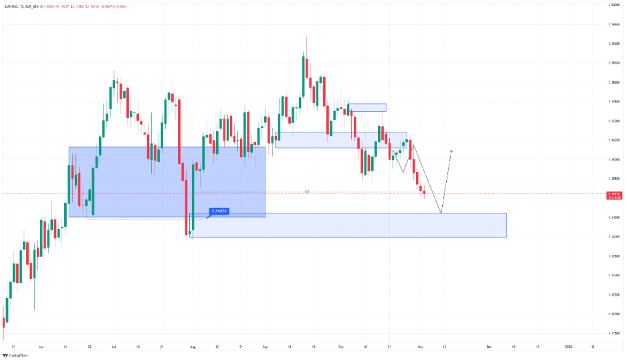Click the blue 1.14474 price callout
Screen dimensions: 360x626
(219, 211)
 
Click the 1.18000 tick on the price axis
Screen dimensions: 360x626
(613, 82)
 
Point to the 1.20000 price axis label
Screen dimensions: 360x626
(613, 5)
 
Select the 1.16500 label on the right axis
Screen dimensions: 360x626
(613, 141)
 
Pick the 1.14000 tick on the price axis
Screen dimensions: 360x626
(613, 237)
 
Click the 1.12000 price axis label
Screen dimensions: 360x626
(613, 314)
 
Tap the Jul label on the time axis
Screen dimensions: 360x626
(113, 347)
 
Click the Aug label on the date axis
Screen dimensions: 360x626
(192, 347)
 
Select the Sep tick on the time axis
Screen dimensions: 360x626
(266, 347)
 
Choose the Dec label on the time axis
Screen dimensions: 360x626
(490, 347)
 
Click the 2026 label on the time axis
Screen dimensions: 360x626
(568, 347)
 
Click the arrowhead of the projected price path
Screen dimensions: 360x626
(453, 151)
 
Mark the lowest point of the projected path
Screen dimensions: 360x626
(441, 213)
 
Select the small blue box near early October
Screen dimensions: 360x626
(367, 107)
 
